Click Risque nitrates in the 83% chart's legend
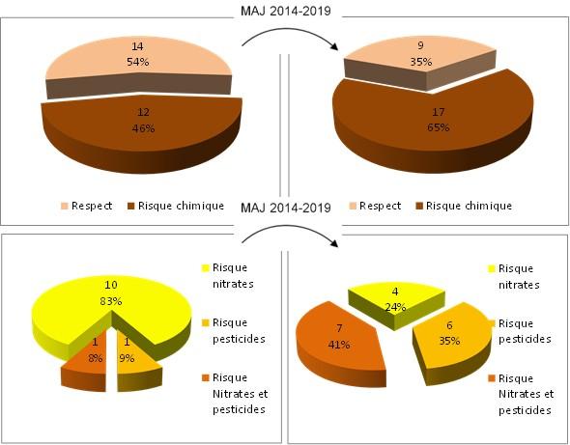pyautogui.click(x=225, y=275)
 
